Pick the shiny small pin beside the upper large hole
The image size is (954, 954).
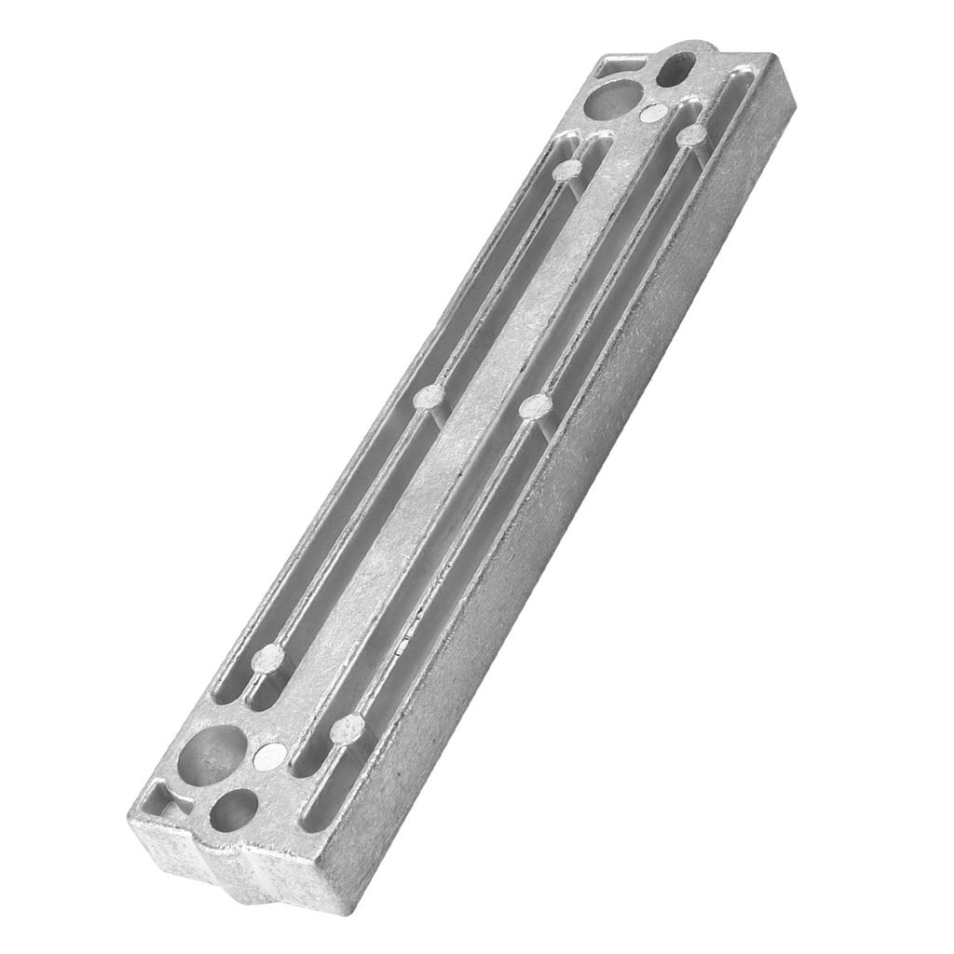coord(655,114)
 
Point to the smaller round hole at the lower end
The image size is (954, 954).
coord(233,809)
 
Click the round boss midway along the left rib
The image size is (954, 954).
coord(429,399)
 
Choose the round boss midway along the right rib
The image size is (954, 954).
coord(535,406)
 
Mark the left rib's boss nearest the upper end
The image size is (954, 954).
coord(566,170)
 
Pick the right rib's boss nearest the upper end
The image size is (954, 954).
coord(691,136)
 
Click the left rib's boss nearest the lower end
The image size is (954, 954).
coord(267,661)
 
